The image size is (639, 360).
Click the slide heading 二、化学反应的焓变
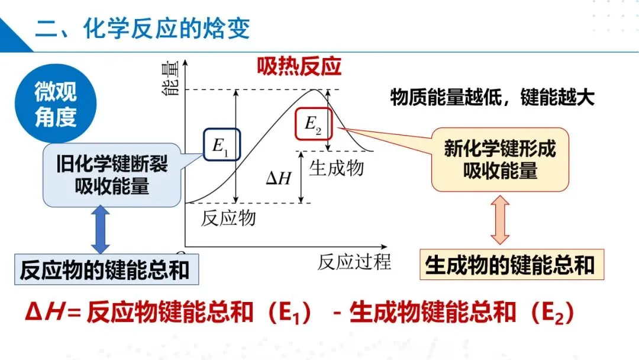click(143, 28)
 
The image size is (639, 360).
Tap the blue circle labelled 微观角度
click(55, 104)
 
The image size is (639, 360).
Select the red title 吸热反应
click(299, 67)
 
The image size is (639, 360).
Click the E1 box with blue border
click(222, 144)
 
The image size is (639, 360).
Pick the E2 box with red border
click(313, 124)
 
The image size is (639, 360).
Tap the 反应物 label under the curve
click(228, 217)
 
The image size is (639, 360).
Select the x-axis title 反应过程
click(354, 262)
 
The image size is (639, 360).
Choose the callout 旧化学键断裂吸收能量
click(112, 175)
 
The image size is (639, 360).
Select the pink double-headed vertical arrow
click(500, 221)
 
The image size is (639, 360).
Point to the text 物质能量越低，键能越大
click(492, 98)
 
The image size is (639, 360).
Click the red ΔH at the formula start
click(44, 313)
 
